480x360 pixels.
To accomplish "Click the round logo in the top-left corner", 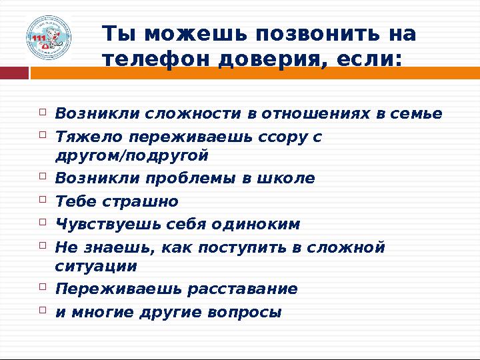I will pyautogui.click(x=48, y=38).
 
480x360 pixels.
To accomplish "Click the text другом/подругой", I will pyautogui.click(x=132, y=155).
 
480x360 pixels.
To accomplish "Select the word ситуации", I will pyautogui.click(x=96, y=266).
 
